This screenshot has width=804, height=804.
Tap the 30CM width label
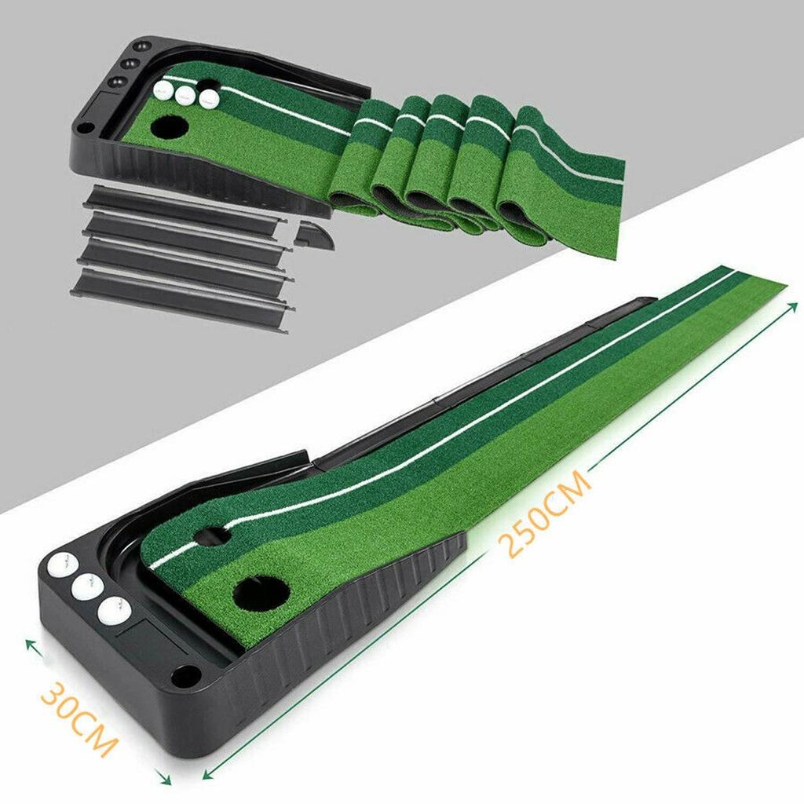pyautogui.click(x=79, y=717)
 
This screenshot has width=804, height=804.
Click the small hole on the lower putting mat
pyautogui.click(x=211, y=536)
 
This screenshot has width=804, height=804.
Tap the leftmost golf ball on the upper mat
pyautogui.click(x=166, y=90)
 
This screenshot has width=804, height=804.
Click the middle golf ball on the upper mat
pyautogui.click(x=186, y=96)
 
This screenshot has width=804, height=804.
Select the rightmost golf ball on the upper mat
pyautogui.click(x=208, y=100)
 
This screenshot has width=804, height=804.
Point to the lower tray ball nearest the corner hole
pyautogui.click(x=115, y=610)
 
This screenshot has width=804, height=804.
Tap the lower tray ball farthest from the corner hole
pyautogui.click(x=61, y=564)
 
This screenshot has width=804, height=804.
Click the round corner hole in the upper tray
pyautogui.click(x=85, y=127)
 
